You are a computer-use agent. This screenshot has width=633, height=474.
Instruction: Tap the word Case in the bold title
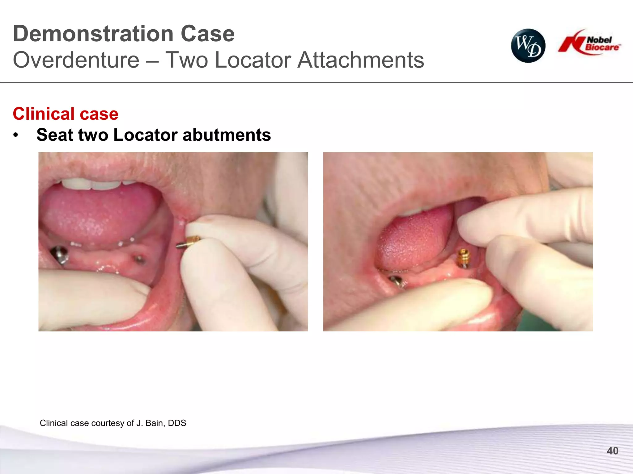click(208, 34)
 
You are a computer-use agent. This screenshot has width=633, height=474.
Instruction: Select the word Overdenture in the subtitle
click(76, 60)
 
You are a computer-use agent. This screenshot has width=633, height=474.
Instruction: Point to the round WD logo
click(528, 46)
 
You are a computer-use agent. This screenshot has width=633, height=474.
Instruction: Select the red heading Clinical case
click(66, 114)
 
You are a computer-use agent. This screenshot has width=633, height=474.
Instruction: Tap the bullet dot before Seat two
click(16, 135)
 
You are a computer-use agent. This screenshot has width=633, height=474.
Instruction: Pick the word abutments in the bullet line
click(227, 135)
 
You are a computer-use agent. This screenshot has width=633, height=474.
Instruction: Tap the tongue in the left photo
click(99, 213)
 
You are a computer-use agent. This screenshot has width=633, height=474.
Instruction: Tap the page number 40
click(612, 451)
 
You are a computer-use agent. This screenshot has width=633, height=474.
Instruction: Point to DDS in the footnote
click(177, 423)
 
